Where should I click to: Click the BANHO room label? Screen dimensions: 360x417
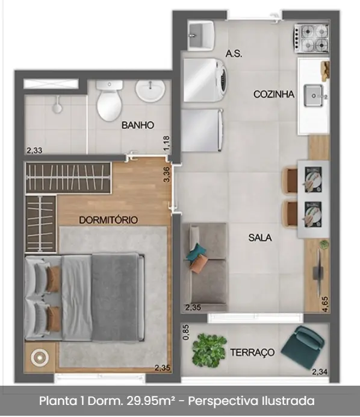coord(138,125)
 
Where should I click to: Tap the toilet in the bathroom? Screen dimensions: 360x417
coord(109,101)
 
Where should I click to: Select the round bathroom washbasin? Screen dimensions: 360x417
coord(150,91)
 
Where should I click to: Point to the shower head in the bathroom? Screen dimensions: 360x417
coord(57,106)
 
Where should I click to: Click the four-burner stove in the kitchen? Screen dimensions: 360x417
coord(311,38)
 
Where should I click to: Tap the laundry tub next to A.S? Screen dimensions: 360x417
coord(200,36)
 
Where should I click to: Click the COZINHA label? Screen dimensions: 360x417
coord(274,94)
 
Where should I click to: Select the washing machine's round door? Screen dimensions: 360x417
coord(223,80)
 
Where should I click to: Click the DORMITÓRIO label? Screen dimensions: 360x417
coord(108,220)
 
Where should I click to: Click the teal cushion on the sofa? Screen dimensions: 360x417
coord(196,251)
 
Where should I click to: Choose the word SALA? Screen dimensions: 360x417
coord(260,237)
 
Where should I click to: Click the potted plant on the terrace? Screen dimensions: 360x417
coord(209,350)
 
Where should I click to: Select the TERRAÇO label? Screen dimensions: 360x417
coord(252,353)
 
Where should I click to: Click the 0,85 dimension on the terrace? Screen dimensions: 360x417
coord(186,332)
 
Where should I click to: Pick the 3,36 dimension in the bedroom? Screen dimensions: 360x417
coord(167,175)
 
